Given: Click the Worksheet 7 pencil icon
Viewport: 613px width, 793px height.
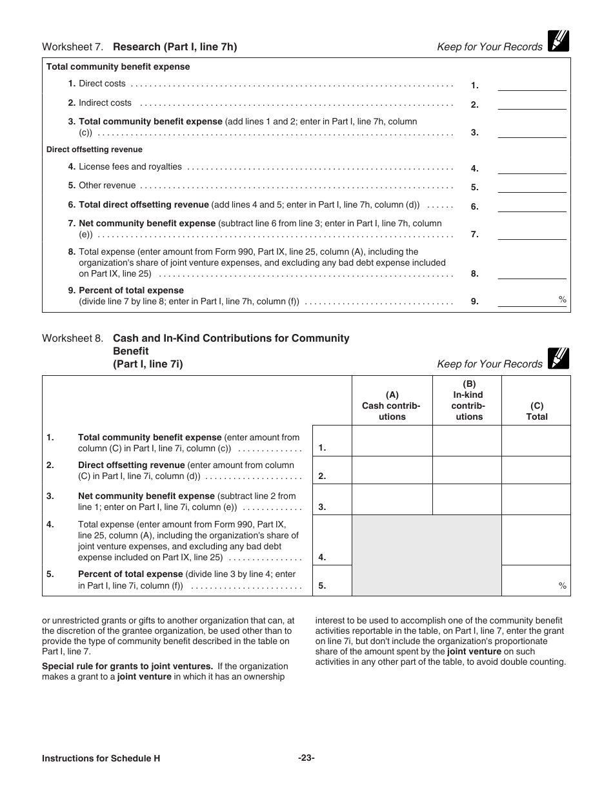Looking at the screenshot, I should click(558, 41).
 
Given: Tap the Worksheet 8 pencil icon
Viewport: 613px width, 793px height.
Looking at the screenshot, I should click(558, 358).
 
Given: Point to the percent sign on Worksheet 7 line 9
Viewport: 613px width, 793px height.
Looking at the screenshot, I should click(562, 299).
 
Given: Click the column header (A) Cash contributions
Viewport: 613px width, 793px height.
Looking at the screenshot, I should click(392, 406).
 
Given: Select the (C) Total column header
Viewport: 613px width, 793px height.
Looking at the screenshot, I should click(536, 411).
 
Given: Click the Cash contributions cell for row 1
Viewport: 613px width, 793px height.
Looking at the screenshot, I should click(392, 441).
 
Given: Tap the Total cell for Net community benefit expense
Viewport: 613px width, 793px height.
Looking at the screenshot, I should click(536, 500).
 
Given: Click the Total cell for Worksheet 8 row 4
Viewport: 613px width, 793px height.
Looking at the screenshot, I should click(536, 540).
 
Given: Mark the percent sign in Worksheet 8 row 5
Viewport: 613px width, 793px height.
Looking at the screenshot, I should click(562, 585).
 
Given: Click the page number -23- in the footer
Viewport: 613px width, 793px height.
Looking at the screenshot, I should click(306, 758).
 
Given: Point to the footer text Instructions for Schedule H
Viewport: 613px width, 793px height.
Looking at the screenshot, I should click(101, 759).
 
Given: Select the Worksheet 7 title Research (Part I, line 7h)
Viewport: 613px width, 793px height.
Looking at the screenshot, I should click(175, 46).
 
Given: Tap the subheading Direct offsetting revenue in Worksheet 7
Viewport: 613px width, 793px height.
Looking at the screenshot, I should click(94, 150).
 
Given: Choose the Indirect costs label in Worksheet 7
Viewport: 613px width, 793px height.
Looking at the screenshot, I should click(105, 103).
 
